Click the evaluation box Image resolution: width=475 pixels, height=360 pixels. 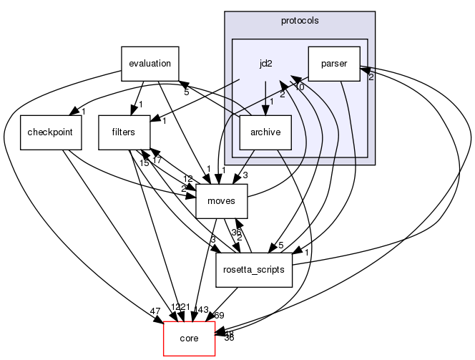click(150, 63)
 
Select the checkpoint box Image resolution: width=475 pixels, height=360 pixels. click(46, 132)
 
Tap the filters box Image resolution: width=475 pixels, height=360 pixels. click(124, 132)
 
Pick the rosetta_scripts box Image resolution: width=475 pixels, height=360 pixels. click(254, 270)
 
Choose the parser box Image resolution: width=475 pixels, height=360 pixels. click(334, 63)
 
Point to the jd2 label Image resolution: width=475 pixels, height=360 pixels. click(265, 64)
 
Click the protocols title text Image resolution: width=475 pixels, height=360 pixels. click(299, 20)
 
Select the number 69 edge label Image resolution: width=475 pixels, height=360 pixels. click(219, 314)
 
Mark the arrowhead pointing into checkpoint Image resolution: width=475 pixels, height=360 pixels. click(74, 112)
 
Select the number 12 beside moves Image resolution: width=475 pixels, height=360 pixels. click(188, 178)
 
